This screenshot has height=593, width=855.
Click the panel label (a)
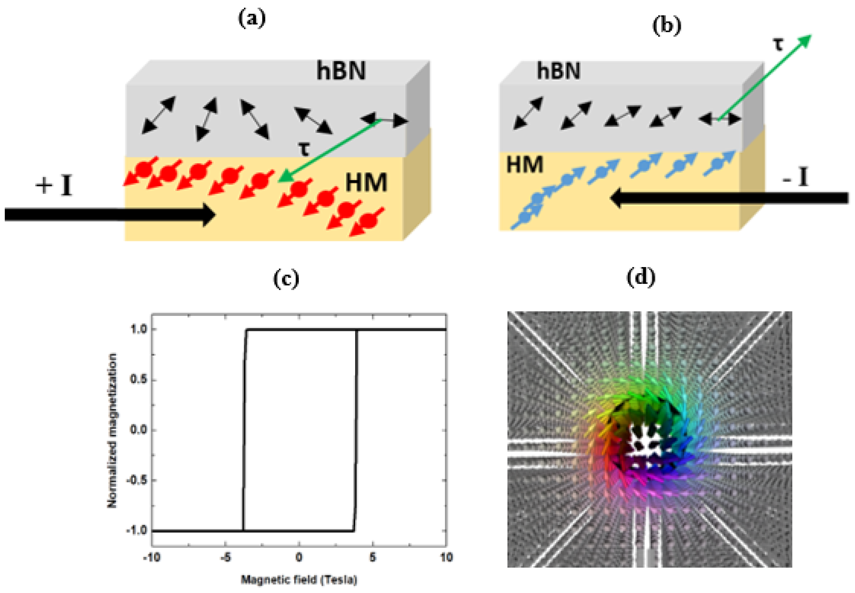[x=252, y=19]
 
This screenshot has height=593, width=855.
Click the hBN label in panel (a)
[x=341, y=71]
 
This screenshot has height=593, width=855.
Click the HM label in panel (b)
[x=524, y=165]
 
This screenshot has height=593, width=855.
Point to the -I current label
[x=795, y=178]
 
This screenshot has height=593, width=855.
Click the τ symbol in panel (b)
[x=778, y=44]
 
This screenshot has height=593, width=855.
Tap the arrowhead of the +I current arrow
[x=210, y=215]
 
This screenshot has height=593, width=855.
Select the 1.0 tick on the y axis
[x=139, y=329]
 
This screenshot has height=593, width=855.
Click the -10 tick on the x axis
[x=152, y=557]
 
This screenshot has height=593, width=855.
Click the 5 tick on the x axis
[x=372, y=557]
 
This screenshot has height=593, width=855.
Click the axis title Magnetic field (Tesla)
[x=299, y=579]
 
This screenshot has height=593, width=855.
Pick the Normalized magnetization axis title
[x=112, y=430]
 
